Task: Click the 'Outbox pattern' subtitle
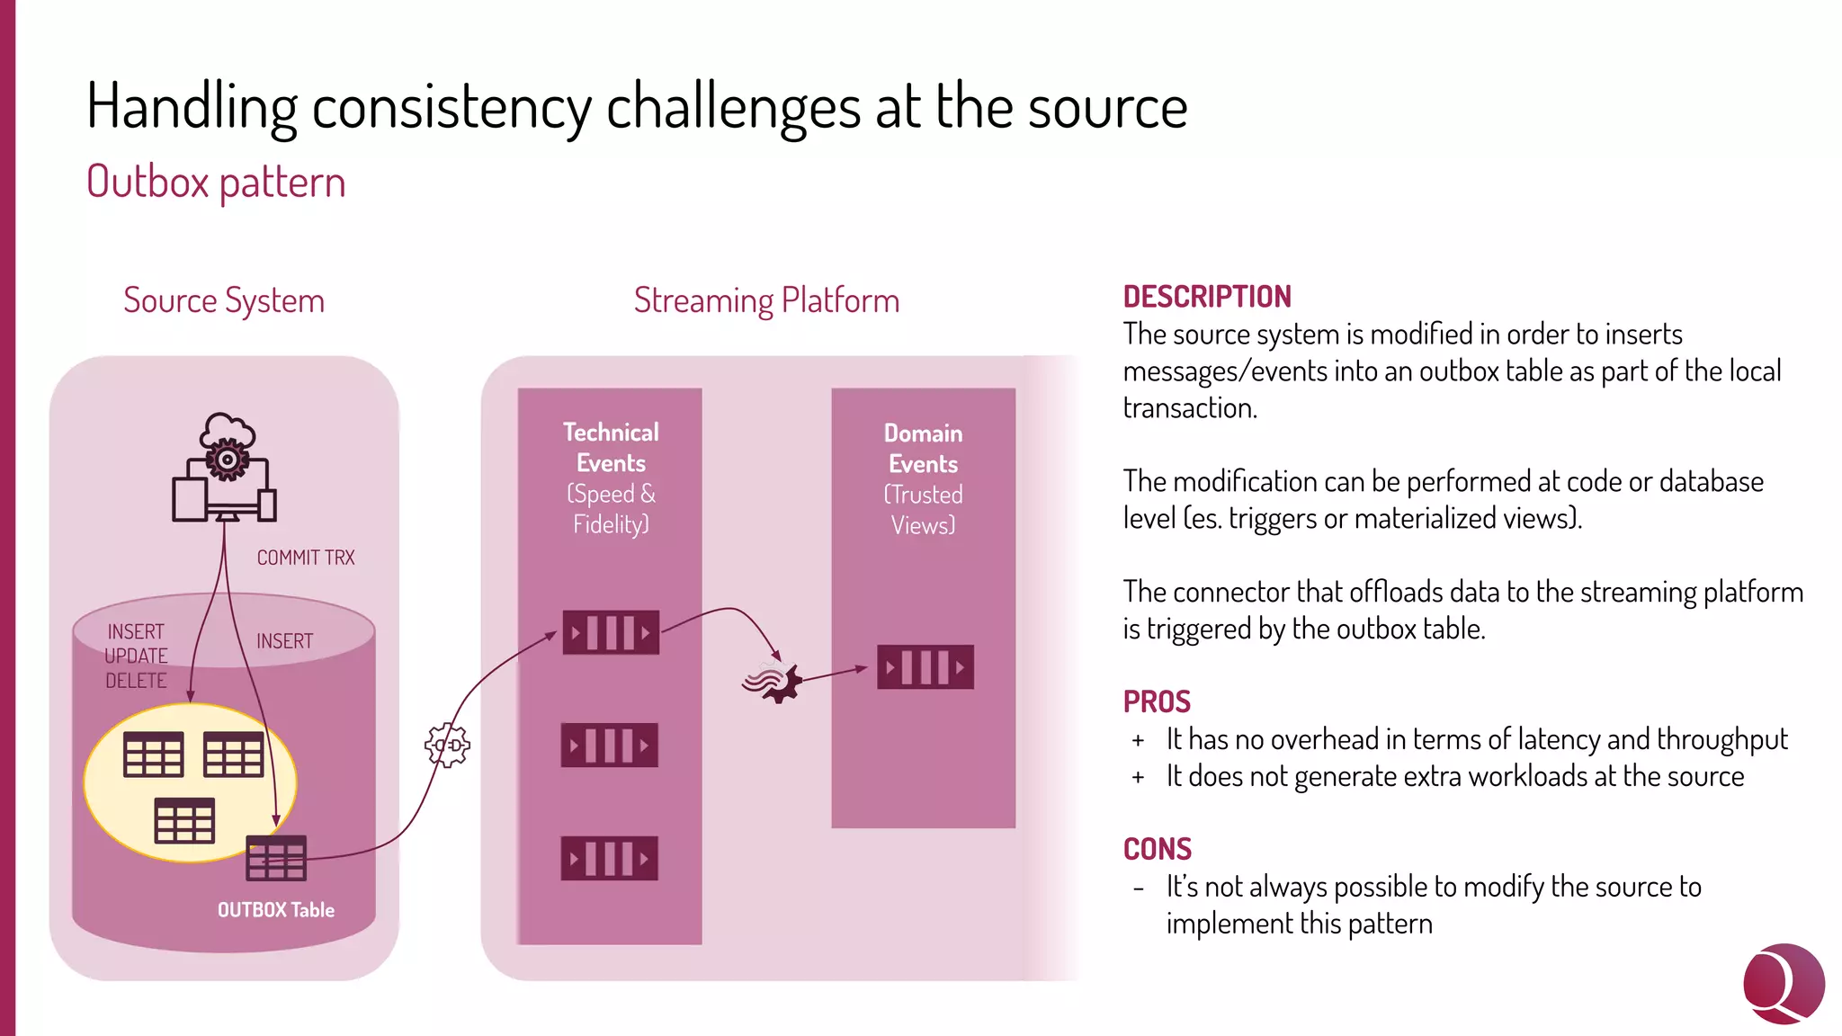point(216,183)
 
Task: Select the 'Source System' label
point(224,300)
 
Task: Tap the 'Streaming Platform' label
point(766,300)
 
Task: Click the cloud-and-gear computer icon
point(225,468)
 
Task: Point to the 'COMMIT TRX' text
point(306,558)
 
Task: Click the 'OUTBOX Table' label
point(275,910)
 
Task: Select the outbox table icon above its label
point(276,858)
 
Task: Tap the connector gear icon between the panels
point(447,746)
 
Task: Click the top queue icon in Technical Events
point(611,632)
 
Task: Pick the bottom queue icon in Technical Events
point(610,858)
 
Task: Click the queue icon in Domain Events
point(925,667)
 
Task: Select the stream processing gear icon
point(773,682)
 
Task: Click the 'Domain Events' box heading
point(924,449)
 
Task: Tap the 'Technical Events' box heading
point(611,448)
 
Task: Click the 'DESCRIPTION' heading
point(1207,297)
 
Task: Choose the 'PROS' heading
point(1157,701)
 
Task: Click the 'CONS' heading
point(1158,849)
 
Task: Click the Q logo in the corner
point(1783,983)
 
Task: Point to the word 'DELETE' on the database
point(136,681)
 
